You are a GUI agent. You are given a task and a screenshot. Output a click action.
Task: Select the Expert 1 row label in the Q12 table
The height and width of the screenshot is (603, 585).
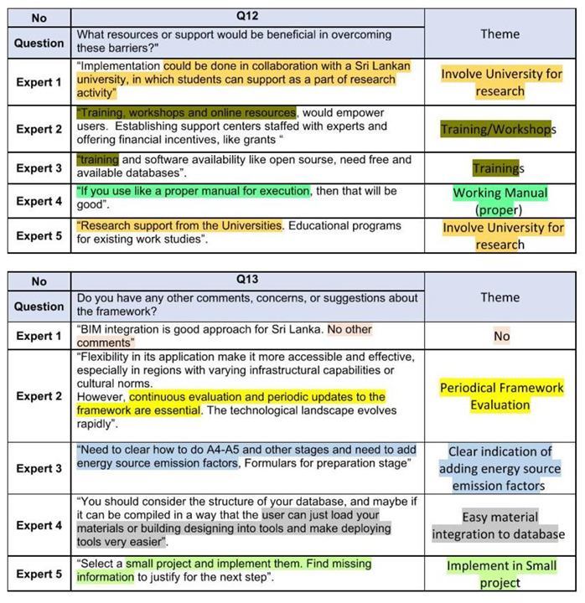(x=39, y=82)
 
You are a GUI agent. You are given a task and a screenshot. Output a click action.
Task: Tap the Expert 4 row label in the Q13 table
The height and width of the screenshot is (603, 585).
(x=39, y=525)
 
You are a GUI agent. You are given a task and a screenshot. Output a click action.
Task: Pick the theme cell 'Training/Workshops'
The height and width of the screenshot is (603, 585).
(x=499, y=129)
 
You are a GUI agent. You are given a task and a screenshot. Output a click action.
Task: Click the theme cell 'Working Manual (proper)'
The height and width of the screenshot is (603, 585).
(x=500, y=201)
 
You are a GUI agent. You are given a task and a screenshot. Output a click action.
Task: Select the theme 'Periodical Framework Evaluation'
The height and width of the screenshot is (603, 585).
(x=501, y=396)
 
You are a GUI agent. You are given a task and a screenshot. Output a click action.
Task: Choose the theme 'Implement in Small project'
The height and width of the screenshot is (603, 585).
(x=500, y=574)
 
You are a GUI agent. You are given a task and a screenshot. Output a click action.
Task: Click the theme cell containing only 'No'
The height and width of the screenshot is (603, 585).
(x=501, y=336)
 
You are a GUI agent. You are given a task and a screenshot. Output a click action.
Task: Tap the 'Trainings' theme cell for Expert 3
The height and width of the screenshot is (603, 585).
(x=498, y=168)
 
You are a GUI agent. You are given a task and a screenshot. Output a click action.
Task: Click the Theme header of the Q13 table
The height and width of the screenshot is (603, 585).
(x=500, y=297)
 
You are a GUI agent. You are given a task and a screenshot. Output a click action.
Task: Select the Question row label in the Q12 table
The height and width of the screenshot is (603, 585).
(x=39, y=43)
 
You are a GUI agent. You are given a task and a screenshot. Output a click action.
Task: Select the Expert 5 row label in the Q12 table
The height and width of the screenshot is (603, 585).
(x=39, y=235)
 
